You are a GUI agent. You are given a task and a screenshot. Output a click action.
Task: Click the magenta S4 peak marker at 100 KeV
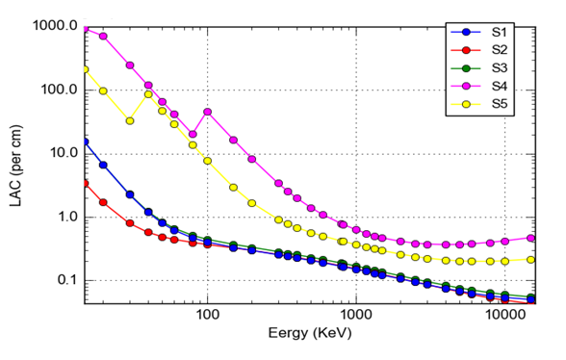click(207, 112)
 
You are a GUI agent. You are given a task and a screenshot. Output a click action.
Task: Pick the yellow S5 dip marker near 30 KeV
click(130, 120)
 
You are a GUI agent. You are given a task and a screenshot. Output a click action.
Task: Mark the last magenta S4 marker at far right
click(531, 238)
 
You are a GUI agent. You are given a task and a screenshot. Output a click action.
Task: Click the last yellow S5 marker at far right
click(531, 259)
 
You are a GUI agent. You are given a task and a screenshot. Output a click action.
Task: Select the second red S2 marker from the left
click(103, 202)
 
